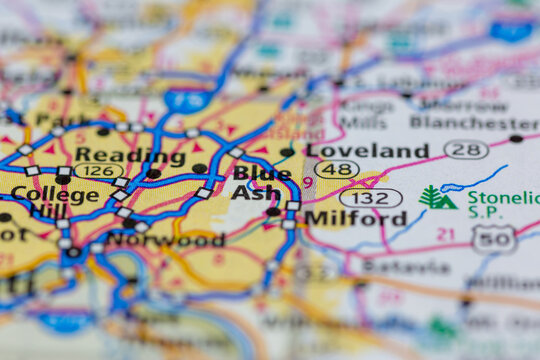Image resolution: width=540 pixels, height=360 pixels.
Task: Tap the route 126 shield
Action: click(98, 171)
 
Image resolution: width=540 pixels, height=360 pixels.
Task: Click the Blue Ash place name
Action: click(262, 182)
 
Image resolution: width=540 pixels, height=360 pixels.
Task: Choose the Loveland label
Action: click(367, 151)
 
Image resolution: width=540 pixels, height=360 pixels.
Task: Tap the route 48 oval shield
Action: click(336, 170)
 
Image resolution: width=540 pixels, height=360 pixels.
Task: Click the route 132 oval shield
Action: click(370, 198)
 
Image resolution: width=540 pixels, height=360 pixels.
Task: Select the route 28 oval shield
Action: click(466, 150)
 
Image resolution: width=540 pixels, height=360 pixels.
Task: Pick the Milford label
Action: click(355, 217)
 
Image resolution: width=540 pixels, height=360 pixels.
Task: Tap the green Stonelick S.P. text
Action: click(503, 205)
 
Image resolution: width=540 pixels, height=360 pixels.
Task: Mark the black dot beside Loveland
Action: click(288, 152)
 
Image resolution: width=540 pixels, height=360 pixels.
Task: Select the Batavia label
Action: click(405, 267)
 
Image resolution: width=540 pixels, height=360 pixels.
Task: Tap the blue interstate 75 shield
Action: click(187, 100)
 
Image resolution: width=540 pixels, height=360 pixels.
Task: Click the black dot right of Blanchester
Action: click(516, 139)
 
